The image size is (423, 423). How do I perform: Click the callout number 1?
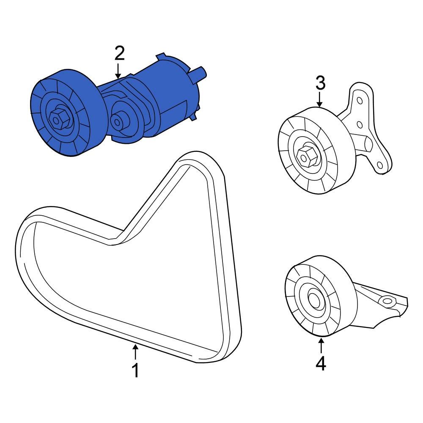pyautogui.click(x=135, y=371)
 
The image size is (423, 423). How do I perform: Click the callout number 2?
pyautogui.click(x=119, y=54)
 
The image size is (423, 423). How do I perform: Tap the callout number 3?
pyautogui.click(x=320, y=83)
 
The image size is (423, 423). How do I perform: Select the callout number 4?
pyautogui.click(x=321, y=363)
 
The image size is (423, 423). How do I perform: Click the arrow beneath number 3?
pyautogui.click(x=320, y=100)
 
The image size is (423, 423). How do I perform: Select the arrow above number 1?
pyautogui.click(x=135, y=352)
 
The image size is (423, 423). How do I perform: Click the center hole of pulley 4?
pyautogui.click(x=314, y=299)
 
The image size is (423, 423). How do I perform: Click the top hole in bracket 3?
pyautogui.click(x=360, y=102)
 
